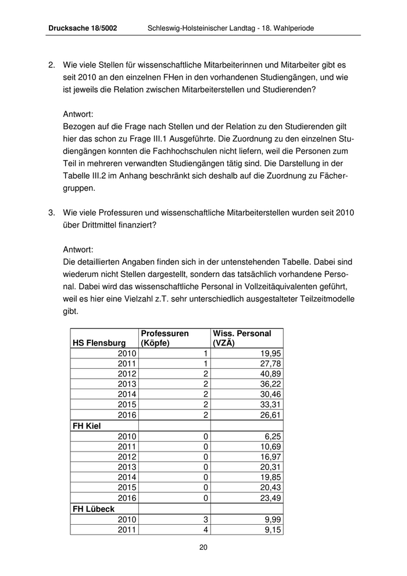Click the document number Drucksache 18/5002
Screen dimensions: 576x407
[x=83, y=28]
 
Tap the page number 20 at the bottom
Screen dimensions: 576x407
[x=203, y=547]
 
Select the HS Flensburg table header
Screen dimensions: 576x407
[x=99, y=343]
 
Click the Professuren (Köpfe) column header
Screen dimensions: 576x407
[x=165, y=338]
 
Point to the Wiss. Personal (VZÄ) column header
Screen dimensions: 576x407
[x=242, y=338]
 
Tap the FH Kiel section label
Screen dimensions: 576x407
[x=87, y=426]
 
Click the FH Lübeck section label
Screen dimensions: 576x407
[x=93, y=509]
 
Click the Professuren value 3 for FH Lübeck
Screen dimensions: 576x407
[x=206, y=519]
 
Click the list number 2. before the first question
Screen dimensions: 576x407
[x=51, y=65]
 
